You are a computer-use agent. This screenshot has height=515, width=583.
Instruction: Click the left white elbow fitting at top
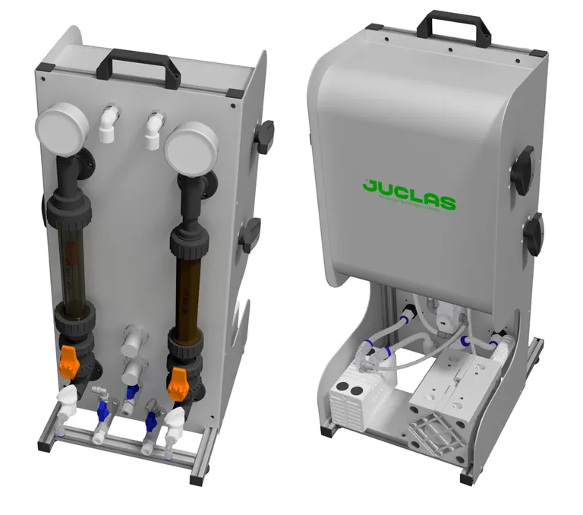click(108, 124)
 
